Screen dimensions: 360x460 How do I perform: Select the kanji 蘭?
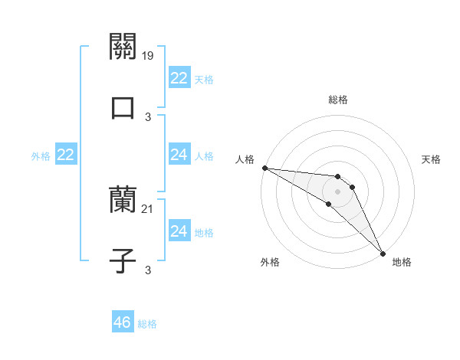123,201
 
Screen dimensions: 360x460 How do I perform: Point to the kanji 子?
123,260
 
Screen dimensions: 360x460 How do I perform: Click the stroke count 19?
149,56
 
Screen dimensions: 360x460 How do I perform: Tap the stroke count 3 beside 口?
148,116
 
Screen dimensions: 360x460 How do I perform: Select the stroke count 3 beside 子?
148,270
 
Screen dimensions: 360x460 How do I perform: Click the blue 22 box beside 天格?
179,78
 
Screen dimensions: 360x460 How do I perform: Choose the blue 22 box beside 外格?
65,155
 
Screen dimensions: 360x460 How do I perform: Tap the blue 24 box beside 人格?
179,155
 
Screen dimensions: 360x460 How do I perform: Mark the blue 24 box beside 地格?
179,231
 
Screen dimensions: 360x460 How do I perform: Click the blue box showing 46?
122,322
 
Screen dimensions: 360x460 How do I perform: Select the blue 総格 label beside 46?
147,324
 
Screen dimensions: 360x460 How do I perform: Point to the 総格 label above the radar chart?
338,100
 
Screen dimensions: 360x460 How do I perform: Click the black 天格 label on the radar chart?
431,159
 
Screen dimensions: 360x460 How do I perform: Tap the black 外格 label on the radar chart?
269,262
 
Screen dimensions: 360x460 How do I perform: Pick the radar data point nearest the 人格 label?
264,168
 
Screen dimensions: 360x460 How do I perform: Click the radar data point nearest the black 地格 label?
383,254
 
